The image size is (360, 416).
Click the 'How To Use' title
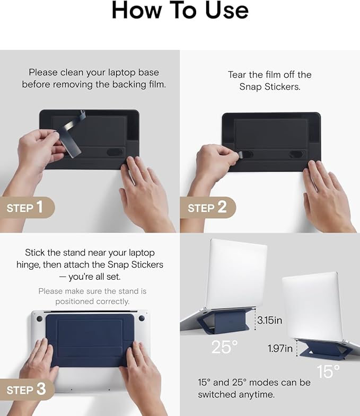pyautogui.click(x=180, y=10)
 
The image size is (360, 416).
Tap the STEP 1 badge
pyautogui.click(x=27, y=207)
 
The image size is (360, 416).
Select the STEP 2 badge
pyautogui.click(x=208, y=207)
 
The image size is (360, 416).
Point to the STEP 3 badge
pyautogui.click(x=27, y=390)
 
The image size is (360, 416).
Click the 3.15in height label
pyautogui.click(x=269, y=320)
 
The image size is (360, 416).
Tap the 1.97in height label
pyautogui.click(x=280, y=348)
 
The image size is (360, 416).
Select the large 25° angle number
pyautogui.click(x=225, y=347)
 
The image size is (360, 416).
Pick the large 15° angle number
pyautogui.click(x=328, y=371)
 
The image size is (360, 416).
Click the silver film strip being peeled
pyautogui.click(x=69, y=134)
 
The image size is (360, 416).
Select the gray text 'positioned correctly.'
pyautogui.click(x=92, y=302)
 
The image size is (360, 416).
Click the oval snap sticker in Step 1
pyautogui.click(x=115, y=152)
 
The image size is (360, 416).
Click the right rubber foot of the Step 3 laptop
pyautogui.click(x=142, y=318)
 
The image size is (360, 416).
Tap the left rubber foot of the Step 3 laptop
pyautogui.click(x=40, y=318)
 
